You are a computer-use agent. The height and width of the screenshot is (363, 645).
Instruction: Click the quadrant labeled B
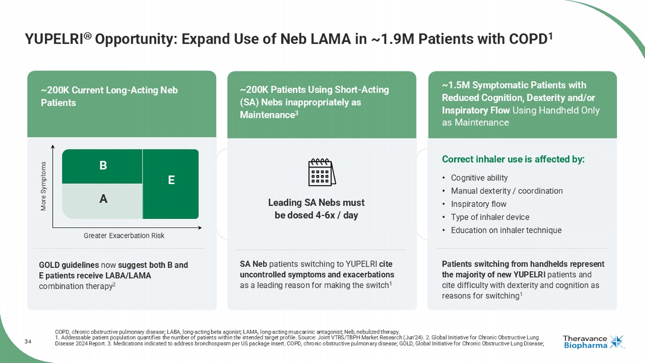[x=102, y=166]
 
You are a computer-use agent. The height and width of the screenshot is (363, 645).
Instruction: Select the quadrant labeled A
[x=102, y=200]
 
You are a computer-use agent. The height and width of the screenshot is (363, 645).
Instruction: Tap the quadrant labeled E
[x=171, y=183]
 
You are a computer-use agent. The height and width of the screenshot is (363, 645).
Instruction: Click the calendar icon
[x=322, y=172]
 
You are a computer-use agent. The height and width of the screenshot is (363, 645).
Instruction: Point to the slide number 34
[x=28, y=341]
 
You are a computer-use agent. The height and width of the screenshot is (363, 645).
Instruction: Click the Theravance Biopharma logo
[x=593, y=342]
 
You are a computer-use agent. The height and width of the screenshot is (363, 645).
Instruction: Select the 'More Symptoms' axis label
[x=43, y=186]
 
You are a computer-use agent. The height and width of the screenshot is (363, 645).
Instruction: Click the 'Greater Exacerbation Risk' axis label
[x=124, y=236]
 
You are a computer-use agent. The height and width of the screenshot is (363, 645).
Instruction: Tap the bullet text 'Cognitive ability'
[x=479, y=178]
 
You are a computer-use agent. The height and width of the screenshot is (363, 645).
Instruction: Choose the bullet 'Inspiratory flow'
[x=478, y=204]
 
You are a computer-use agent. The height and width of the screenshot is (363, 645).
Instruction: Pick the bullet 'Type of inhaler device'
[x=490, y=217]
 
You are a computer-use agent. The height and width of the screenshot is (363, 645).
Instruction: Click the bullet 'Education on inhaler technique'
[x=506, y=231]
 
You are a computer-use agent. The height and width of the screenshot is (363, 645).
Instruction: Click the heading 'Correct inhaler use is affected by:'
[x=513, y=160]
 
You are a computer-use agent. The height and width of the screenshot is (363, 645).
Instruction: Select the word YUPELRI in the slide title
[x=54, y=40]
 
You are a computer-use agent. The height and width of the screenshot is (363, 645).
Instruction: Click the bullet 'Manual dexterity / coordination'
[x=507, y=191]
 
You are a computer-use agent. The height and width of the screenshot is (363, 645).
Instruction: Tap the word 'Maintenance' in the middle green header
[x=267, y=115]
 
